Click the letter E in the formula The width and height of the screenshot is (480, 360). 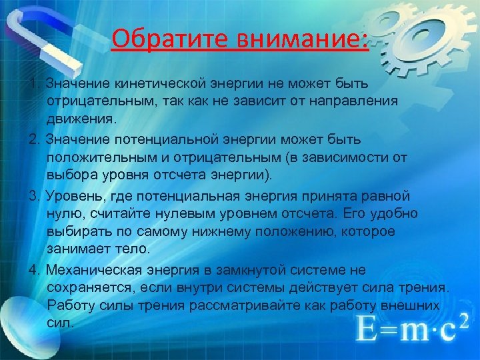[x=367, y=327]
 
